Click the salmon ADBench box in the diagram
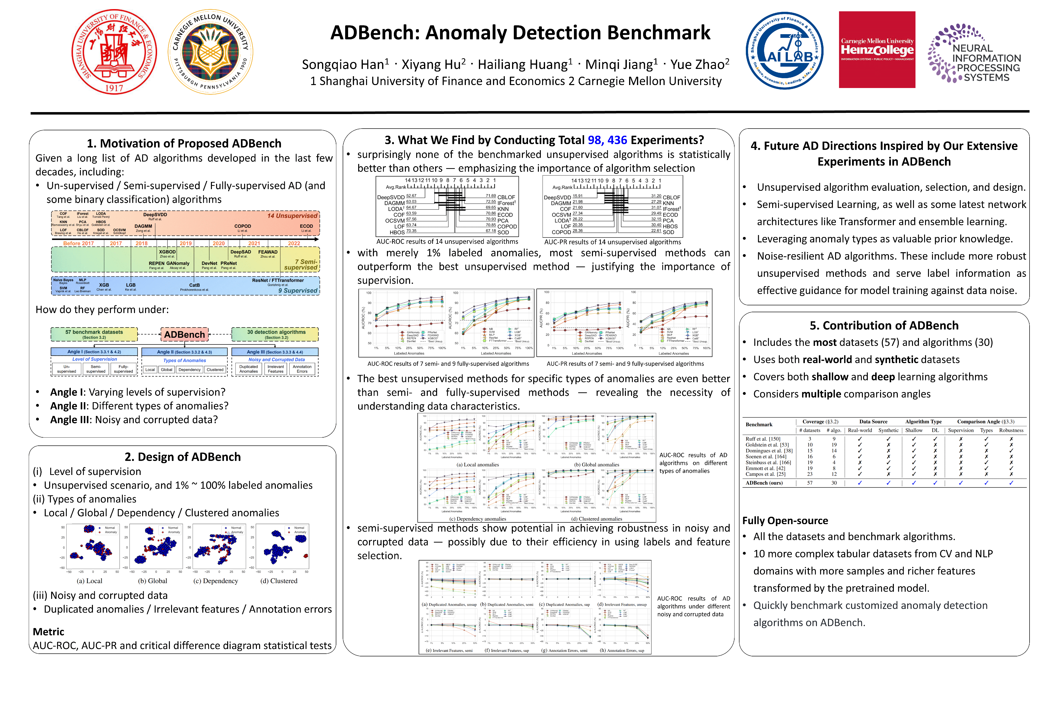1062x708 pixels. [x=184, y=335]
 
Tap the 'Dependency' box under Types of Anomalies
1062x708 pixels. [x=189, y=370]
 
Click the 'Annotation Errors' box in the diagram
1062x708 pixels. [x=302, y=369]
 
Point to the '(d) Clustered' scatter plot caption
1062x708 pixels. [x=279, y=581]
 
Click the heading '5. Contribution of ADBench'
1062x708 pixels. [x=884, y=325]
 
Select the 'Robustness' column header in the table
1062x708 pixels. [x=1011, y=430]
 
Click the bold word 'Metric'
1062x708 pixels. [x=48, y=632]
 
